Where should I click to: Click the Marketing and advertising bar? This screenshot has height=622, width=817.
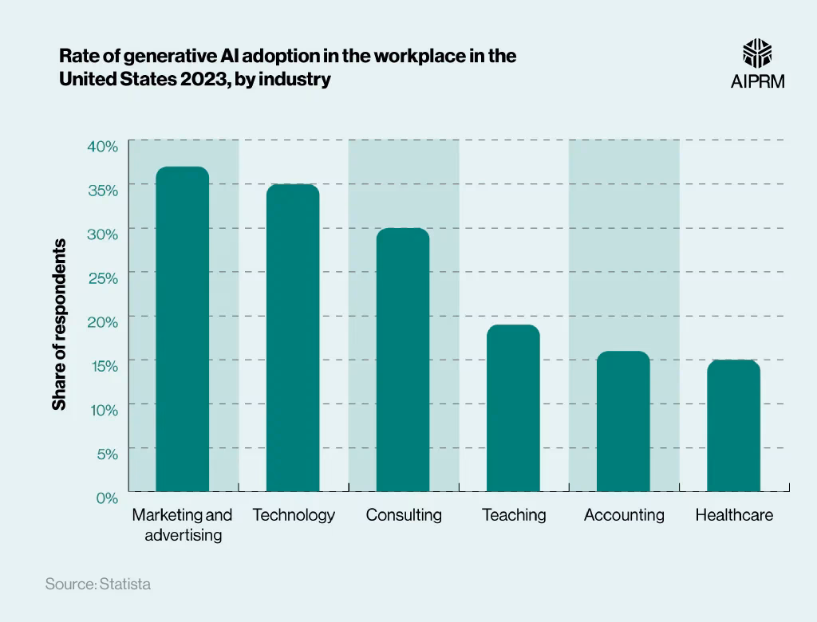[183, 329]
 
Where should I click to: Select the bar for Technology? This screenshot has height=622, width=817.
[293, 337]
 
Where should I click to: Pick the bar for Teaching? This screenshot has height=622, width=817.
[513, 407]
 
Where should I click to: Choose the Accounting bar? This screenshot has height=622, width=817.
[623, 421]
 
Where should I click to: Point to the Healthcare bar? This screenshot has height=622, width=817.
[733, 425]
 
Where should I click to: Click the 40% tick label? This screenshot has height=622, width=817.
[102, 146]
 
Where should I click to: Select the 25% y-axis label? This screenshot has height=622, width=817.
[102, 278]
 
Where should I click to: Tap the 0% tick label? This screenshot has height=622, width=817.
[107, 498]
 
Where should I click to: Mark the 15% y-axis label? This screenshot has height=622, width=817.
[102, 366]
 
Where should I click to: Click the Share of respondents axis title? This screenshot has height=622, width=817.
[59, 325]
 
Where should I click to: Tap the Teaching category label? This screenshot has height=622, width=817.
[514, 515]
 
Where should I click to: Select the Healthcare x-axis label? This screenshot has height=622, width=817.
[734, 515]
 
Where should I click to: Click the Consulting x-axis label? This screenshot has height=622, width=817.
[404, 515]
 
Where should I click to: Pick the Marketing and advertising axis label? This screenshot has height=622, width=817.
[183, 525]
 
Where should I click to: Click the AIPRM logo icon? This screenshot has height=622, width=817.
[757, 53]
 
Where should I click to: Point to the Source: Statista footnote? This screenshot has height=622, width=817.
[97, 585]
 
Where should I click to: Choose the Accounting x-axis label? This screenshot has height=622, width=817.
[624, 515]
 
